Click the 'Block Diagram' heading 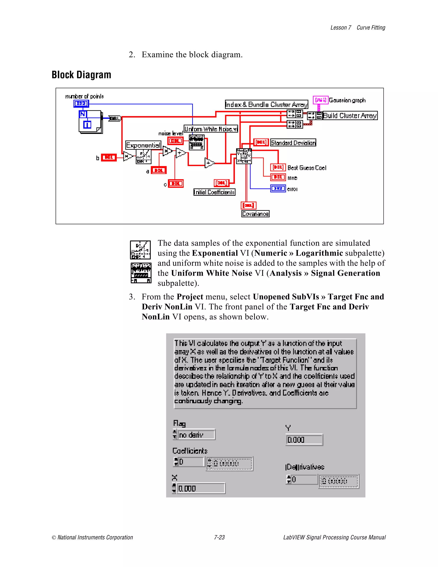81,75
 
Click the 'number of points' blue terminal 81,104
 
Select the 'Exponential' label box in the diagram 143,145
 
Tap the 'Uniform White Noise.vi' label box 211,129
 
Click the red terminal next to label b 108,157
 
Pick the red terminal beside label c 176,184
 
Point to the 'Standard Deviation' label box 293,142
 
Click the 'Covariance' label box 255,214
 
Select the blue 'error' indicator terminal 278,189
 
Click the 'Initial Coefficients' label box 214,192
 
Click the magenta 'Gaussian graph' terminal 320,100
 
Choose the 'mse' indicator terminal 278,177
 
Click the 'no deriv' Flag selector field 196,435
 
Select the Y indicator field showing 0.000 304,440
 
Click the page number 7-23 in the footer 219,537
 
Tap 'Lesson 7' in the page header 340,28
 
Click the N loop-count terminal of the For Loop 83,114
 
